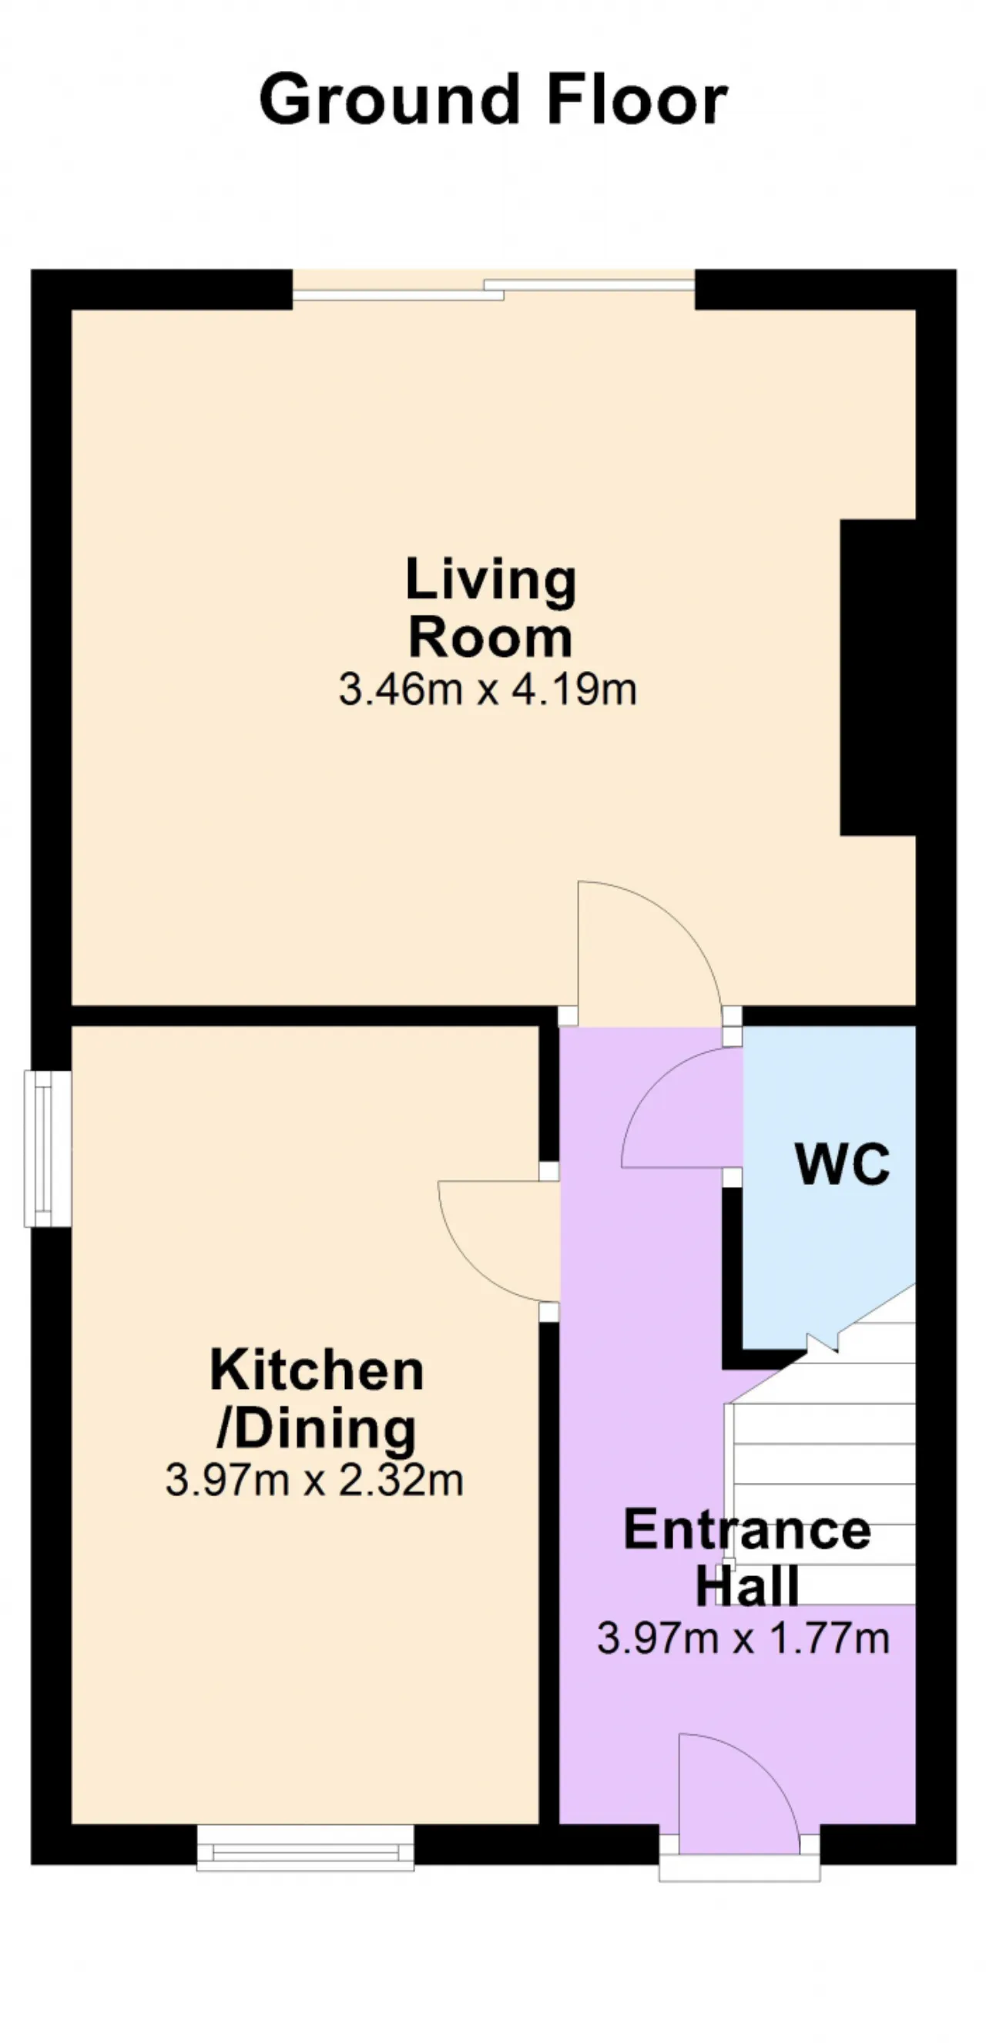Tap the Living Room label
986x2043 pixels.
click(490, 608)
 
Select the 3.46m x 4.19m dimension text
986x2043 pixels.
click(488, 689)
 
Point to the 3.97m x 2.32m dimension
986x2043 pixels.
click(314, 1480)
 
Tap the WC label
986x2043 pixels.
click(843, 1164)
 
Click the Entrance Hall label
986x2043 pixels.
click(747, 1557)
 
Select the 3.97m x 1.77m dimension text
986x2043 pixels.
click(743, 1638)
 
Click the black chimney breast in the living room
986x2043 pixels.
click(878, 677)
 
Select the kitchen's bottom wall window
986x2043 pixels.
click(305, 1848)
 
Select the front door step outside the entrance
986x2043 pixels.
click(739, 1867)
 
